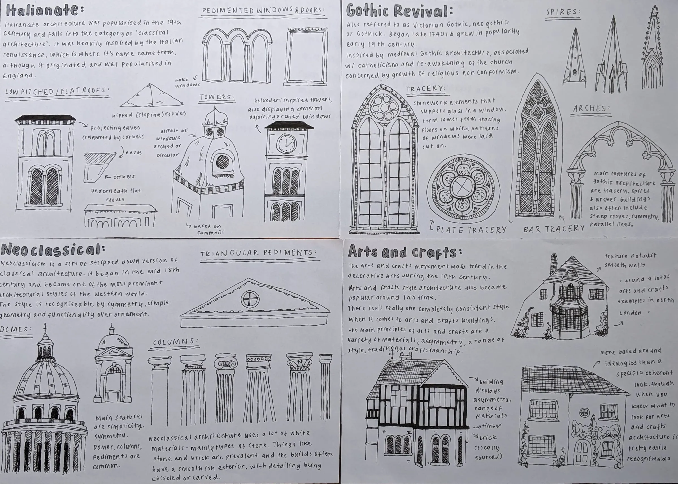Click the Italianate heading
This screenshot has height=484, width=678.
click(x=45, y=11)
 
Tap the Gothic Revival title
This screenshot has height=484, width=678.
click(x=399, y=11)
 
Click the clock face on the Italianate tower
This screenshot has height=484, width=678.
click(x=287, y=143)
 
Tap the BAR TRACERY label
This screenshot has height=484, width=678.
click(x=554, y=229)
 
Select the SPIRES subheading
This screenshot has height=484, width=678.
click(x=563, y=12)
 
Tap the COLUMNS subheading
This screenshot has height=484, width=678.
click(x=176, y=342)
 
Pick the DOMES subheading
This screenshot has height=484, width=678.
click(x=16, y=330)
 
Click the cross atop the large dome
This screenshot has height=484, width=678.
click(x=45, y=328)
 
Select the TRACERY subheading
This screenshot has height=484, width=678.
click(x=426, y=89)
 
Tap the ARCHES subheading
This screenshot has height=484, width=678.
click(x=591, y=109)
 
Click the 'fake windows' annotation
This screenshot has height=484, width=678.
click(x=187, y=83)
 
